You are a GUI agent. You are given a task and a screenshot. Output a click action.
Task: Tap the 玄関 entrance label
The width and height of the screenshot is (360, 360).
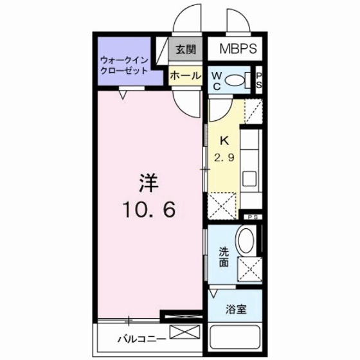[186, 49]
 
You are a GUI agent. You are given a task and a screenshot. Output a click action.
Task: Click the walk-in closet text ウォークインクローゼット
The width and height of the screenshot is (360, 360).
[124, 66]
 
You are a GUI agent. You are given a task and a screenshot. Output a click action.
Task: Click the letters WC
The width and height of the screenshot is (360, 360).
[217, 80]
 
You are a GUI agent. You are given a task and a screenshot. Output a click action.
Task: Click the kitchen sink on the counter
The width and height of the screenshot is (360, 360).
[250, 175]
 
